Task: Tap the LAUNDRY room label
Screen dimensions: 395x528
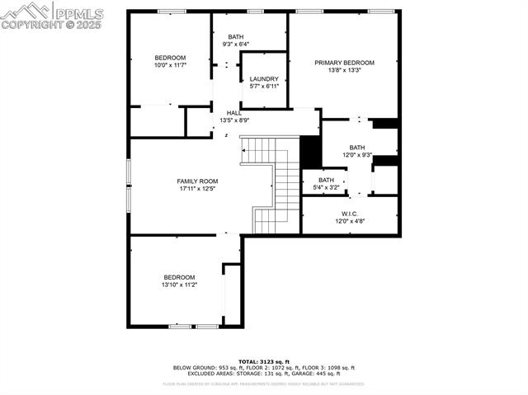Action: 264,79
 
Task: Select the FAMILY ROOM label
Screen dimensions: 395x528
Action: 197,181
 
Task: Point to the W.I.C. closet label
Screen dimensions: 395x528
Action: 349,214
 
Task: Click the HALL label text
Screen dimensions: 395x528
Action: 233,113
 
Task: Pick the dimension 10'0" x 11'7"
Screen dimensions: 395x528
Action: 170,65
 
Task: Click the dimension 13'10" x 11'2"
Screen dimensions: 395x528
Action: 179,284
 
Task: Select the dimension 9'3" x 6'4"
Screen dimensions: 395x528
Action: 236,45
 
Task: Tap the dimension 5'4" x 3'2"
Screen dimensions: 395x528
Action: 327,187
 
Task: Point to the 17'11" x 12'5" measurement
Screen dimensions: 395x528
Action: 197,189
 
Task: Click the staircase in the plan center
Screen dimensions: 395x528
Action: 276,185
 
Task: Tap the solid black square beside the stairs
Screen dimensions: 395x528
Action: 310,152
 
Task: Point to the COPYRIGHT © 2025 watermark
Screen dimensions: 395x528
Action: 51,26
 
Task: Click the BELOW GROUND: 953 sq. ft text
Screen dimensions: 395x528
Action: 205,368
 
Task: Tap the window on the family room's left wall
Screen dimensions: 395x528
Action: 128,179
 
